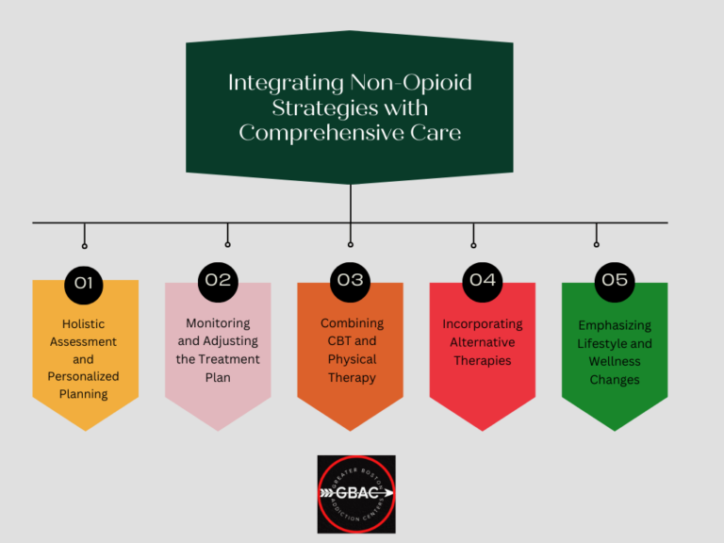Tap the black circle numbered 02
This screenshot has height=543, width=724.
(x=218, y=282)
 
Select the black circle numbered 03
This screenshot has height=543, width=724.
(x=351, y=282)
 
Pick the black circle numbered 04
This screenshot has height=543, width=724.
(x=483, y=282)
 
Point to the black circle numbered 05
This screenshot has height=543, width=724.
(x=615, y=282)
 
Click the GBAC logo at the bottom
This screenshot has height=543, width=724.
(x=356, y=494)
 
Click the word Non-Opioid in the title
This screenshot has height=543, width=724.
(x=411, y=83)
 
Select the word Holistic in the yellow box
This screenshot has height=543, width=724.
(x=84, y=323)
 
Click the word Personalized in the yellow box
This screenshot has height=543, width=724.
(x=84, y=377)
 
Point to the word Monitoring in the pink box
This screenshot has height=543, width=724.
(x=218, y=323)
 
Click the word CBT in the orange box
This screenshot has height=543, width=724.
(x=339, y=340)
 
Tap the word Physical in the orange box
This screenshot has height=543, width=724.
(x=352, y=359)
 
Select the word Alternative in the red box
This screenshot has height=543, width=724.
(x=483, y=342)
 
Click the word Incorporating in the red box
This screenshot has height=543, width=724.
(x=483, y=324)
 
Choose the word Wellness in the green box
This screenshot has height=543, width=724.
(x=615, y=362)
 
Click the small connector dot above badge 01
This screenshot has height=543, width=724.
(x=85, y=246)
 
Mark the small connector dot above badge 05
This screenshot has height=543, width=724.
(x=597, y=244)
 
